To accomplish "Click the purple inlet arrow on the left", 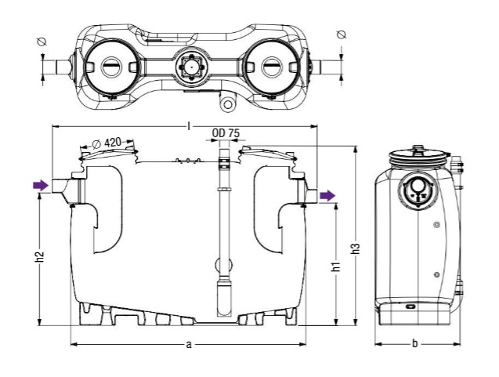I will [39, 185].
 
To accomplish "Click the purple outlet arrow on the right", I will [326, 194].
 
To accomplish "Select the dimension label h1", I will [336, 266].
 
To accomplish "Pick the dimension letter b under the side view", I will [414, 344].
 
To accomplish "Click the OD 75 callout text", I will [226, 133].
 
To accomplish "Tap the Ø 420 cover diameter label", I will [106, 143].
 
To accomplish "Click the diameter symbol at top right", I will [340, 34].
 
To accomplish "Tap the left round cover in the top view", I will [110, 65].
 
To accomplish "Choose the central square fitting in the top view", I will [190, 66].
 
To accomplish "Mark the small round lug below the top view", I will [227, 103].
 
